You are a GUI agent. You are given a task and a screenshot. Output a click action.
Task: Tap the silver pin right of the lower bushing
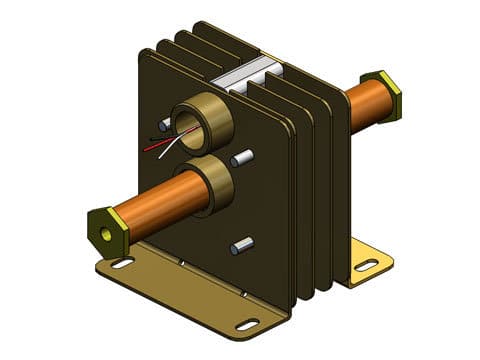pos(241,158)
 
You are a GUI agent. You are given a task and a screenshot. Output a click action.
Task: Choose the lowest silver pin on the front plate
pos(241,245)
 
